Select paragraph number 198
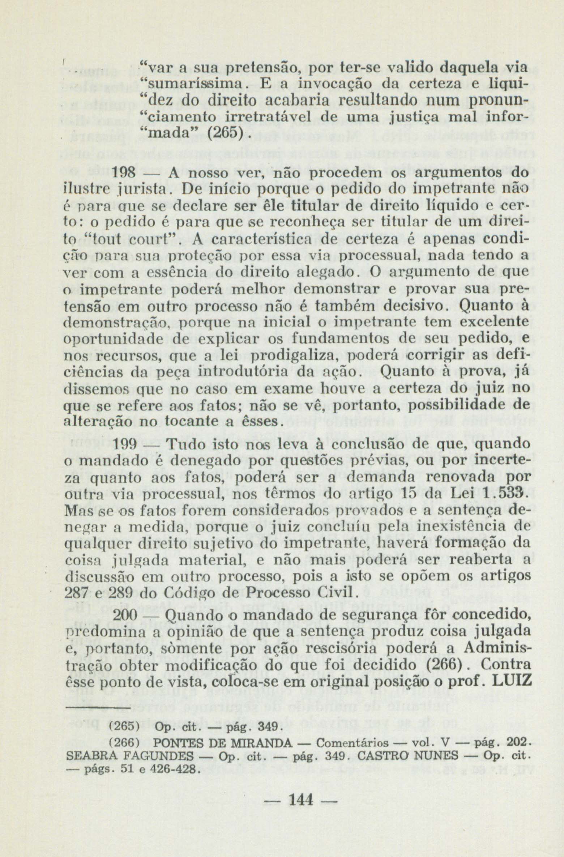[124, 173]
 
